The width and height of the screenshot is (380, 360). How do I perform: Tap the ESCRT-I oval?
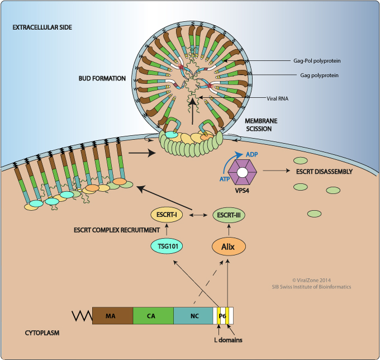[168, 215]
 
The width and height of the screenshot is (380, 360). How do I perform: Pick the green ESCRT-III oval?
[227, 215]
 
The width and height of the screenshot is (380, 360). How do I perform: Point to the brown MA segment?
[112, 316]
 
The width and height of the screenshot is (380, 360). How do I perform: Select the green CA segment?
[153, 316]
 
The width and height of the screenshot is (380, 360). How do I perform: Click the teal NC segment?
[193, 316]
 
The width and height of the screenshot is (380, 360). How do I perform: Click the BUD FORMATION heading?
[102, 78]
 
